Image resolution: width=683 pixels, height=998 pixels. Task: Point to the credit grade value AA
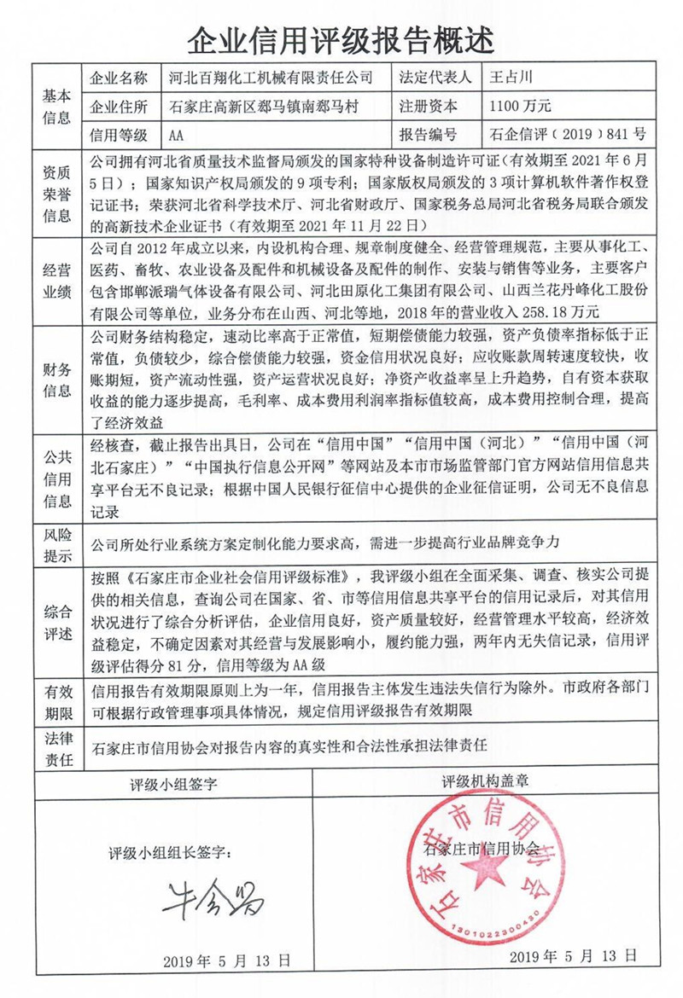pyautogui.click(x=177, y=135)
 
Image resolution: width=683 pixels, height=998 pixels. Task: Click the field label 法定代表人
pyautogui.click(x=435, y=78)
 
